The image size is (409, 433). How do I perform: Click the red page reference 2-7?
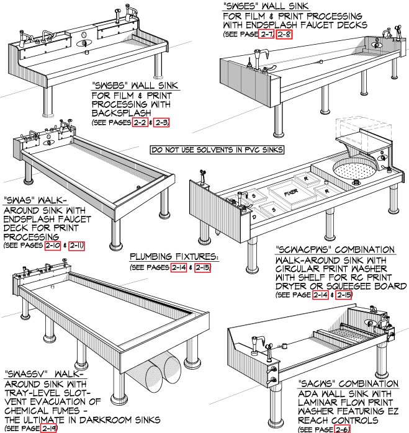click(268, 33)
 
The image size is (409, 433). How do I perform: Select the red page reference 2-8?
click(285, 33)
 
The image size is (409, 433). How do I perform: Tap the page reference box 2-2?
click(140, 123)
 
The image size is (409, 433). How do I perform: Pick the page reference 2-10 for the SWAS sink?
click(53, 246)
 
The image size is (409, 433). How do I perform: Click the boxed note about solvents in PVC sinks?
click(217, 150)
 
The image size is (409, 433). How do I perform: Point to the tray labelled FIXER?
click(290, 192)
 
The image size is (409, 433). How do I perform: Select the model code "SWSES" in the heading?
click(243, 6)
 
